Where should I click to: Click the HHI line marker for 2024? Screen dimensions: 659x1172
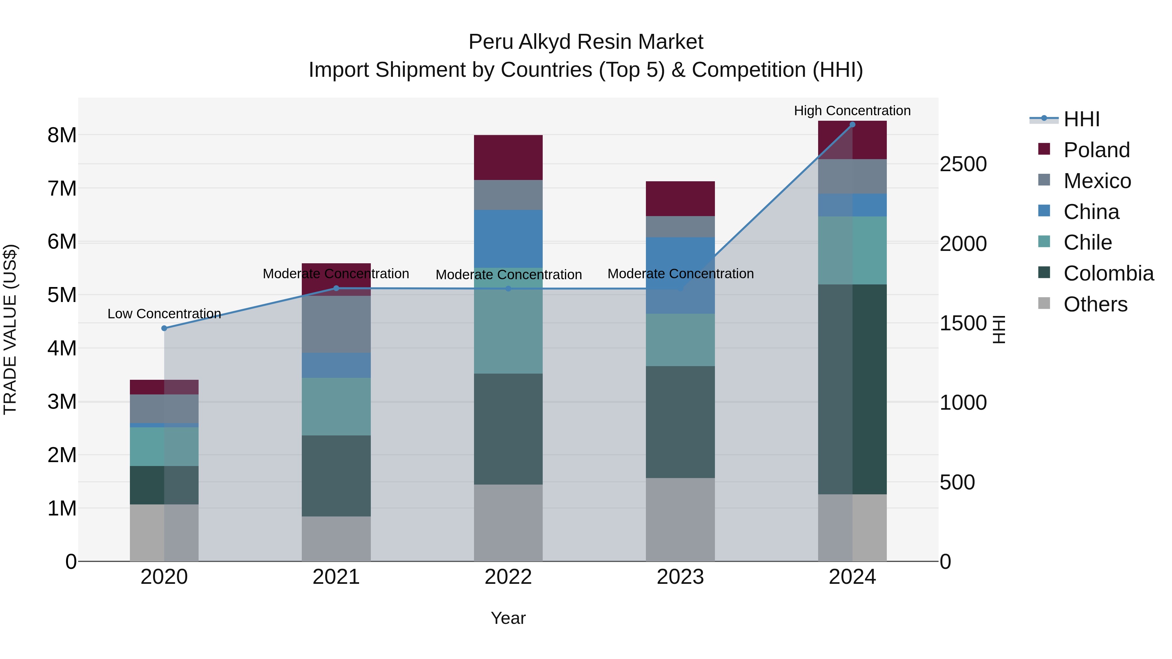click(x=852, y=125)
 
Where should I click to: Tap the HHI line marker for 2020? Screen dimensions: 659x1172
click(x=164, y=328)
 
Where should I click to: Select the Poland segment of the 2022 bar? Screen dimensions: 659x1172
click(x=508, y=158)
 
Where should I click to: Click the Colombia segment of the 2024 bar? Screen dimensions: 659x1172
click(x=852, y=389)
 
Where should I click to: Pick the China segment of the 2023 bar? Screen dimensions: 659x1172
click(x=680, y=275)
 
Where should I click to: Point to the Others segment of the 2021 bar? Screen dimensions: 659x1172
click(x=336, y=539)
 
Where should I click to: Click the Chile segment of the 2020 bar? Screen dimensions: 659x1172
click(x=164, y=446)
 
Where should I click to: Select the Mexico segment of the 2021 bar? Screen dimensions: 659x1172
click(x=336, y=324)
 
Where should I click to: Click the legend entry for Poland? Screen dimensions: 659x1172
click(x=1096, y=150)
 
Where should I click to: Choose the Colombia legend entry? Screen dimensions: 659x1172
click(x=1108, y=273)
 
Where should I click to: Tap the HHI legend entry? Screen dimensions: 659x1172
click(x=1081, y=119)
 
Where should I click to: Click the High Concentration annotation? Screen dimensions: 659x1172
click(x=852, y=111)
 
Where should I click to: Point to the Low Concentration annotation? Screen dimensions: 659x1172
click(x=164, y=314)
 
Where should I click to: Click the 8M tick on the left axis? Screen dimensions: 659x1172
click(x=62, y=135)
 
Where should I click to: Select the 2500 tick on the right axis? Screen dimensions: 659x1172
click(x=963, y=164)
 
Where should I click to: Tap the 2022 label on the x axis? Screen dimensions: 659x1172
click(x=508, y=577)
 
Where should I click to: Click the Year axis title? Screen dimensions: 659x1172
click(x=508, y=618)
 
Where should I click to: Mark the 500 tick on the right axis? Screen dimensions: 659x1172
click(x=957, y=482)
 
